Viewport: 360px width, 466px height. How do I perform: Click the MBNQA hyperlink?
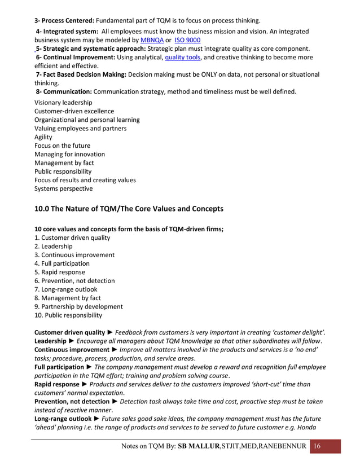coord(151,40)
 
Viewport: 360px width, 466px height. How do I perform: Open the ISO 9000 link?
coord(187,40)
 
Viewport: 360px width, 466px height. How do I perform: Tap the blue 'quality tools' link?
coord(182,57)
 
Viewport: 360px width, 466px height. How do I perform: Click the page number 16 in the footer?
coord(317,446)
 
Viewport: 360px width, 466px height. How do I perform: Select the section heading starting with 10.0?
coord(129,209)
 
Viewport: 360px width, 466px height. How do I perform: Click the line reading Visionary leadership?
coord(63,103)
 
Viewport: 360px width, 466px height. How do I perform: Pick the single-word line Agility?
coord(43,137)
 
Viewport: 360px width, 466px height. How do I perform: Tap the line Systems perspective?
coord(63,188)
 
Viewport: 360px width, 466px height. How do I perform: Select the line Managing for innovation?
coord(69,154)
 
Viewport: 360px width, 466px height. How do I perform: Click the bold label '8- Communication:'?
coord(64,91)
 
